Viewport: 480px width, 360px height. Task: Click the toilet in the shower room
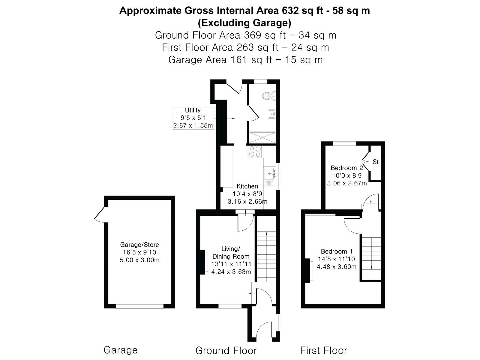pos(269,96)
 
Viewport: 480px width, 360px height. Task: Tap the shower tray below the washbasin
pos(262,137)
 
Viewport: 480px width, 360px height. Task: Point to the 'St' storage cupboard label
pos(376,162)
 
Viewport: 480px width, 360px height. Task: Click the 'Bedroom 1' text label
pos(337,251)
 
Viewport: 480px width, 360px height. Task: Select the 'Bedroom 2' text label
pos(346,168)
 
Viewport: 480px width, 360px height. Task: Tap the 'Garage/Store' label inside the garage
pos(139,244)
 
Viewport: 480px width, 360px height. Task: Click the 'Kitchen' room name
pos(247,186)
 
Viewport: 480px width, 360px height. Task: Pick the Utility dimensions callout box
pos(193,118)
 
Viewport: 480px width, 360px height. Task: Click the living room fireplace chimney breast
pos(203,262)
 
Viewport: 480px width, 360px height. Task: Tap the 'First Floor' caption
pos(324,351)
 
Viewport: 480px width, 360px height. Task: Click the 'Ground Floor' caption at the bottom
pos(226,351)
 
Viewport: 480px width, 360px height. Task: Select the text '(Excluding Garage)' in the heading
pos(244,23)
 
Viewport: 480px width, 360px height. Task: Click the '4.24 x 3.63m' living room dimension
pos(231,272)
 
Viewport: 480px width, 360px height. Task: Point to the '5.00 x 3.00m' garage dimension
pos(139,260)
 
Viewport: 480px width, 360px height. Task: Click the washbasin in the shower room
pos(272,114)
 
